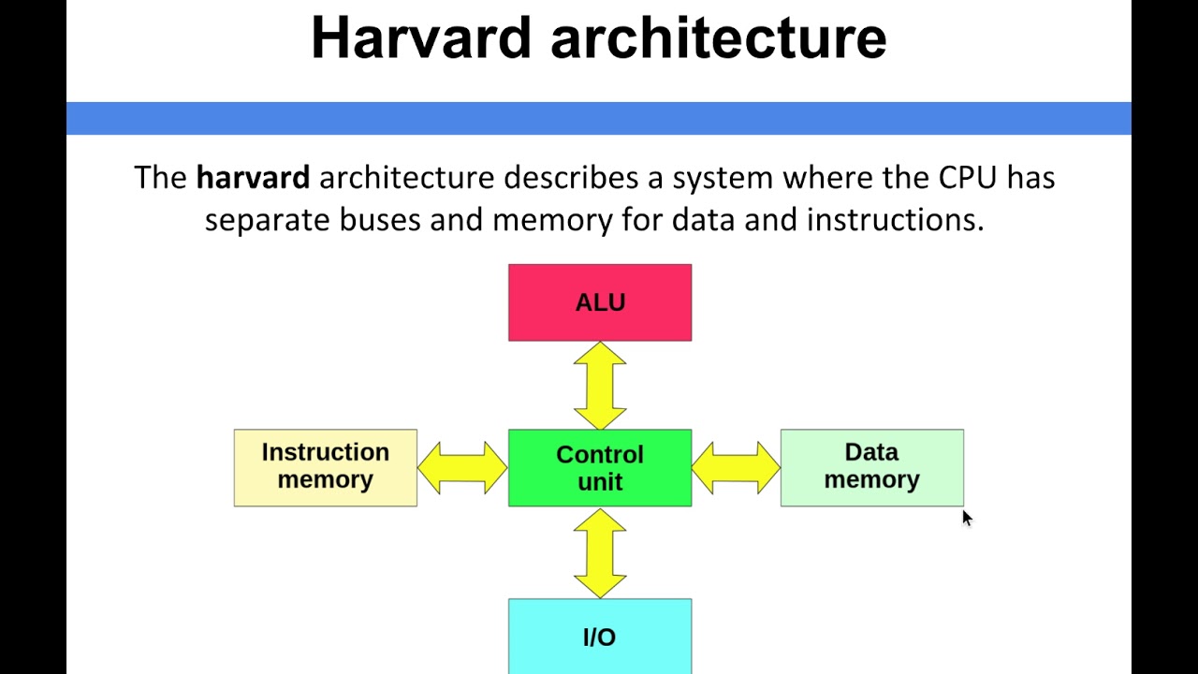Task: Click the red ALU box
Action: click(600, 302)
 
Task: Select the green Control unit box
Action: click(600, 467)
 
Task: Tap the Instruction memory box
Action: click(325, 467)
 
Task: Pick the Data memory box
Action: click(872, 467)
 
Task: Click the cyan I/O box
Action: click(600, 636)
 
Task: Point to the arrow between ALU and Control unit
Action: click(600, 386)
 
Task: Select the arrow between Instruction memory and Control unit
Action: click(462, 467)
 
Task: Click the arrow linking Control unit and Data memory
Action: click(736, 467)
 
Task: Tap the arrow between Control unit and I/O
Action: click(600, 553)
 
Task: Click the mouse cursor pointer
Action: click(966, 517)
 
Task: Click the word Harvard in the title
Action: click(421, 37)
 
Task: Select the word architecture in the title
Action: click(718, 37)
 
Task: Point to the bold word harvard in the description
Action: click(253, 177)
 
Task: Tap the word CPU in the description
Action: click(968, 177)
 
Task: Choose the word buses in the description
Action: click(380, 220)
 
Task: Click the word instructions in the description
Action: click(896, 220)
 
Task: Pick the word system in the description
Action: click(723, 179)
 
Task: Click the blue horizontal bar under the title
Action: click(599, 118)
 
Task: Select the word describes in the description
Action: click(571, 177)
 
